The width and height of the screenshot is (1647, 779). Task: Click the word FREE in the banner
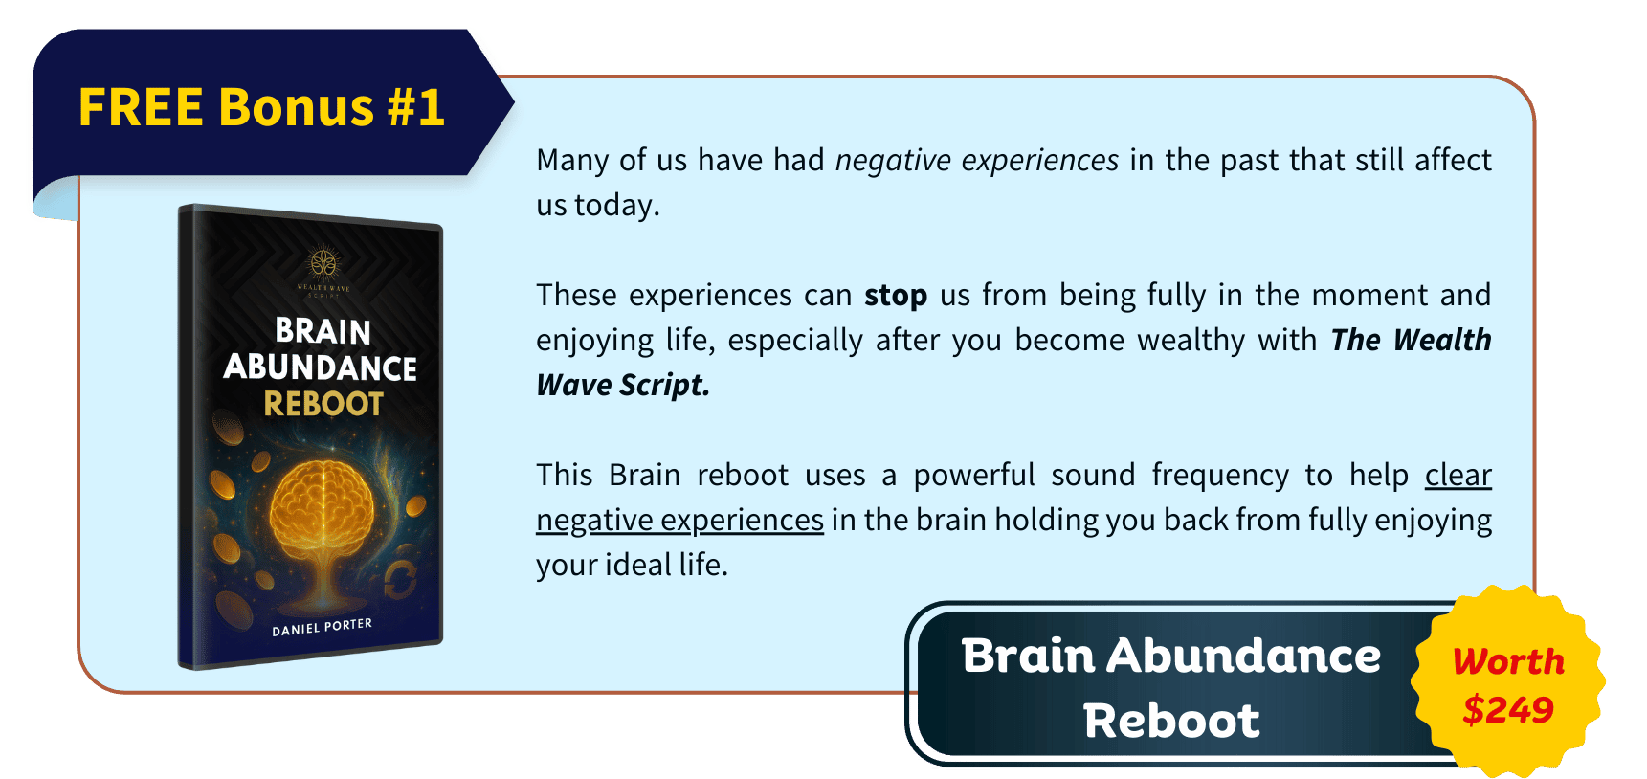pos(141,107)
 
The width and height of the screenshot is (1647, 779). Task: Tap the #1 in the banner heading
pos(416,107)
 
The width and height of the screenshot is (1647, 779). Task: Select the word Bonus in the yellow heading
pos(296,107)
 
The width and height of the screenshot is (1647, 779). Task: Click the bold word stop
pos(896,296)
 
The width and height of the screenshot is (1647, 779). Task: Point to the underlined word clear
pos(1458,475)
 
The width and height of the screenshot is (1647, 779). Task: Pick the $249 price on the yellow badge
pos(1508,710)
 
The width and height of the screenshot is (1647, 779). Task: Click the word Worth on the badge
pos(1508,661)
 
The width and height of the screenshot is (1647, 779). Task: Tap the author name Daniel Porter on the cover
pos(322,627)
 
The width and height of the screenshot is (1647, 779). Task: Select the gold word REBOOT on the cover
pos(323,404)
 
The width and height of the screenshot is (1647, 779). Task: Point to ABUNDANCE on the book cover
pos(321,367)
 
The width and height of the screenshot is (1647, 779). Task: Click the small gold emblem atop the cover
pos(323,262)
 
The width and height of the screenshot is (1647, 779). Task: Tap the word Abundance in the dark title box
pos(1244,657)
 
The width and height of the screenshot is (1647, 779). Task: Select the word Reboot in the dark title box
pos(1171,721)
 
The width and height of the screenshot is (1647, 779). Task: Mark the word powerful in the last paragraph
pos(974,476)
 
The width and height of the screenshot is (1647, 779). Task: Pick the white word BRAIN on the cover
pos(323,331)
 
